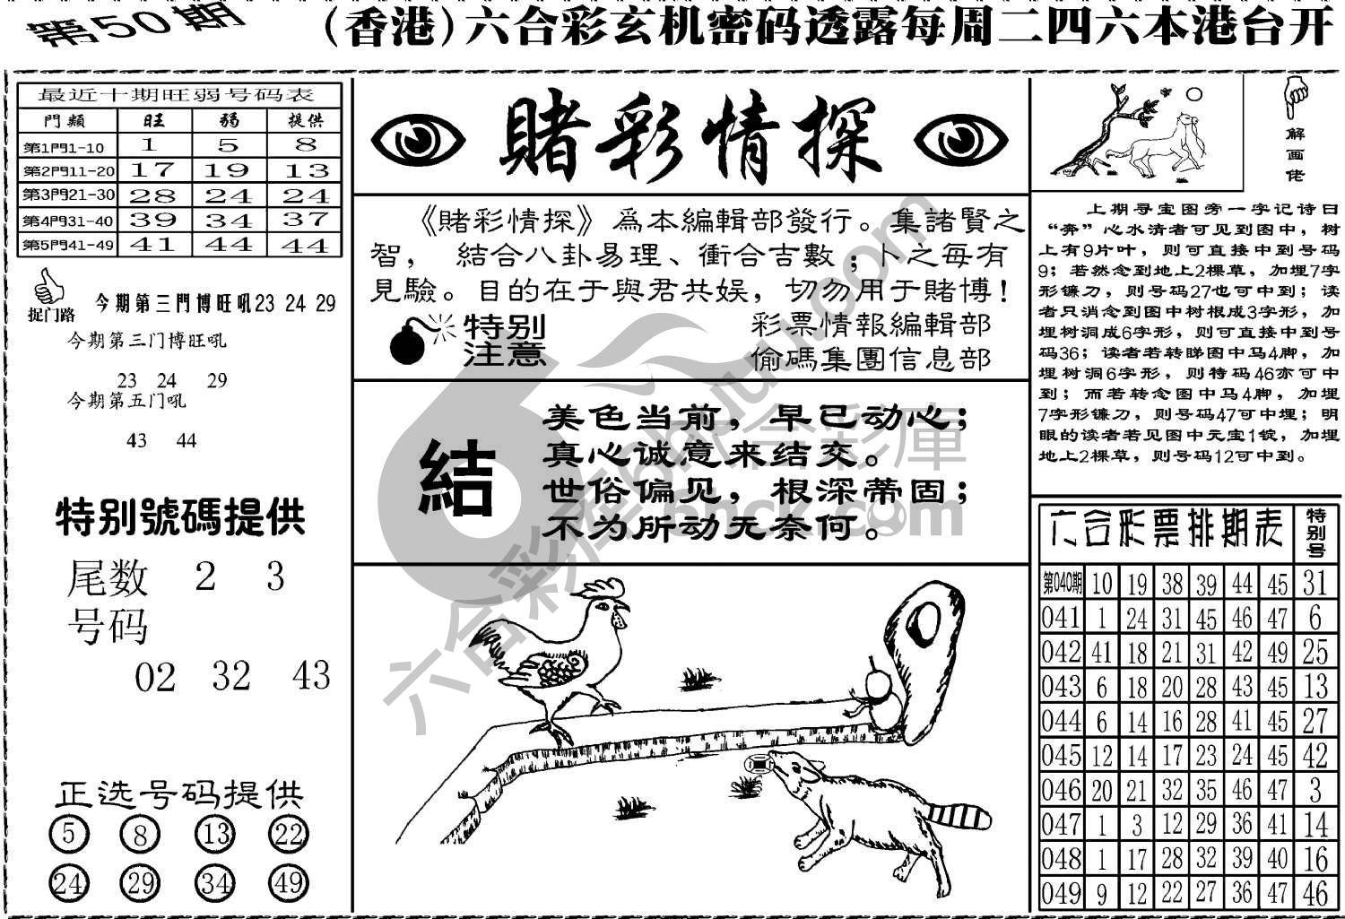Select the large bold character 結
tap(457, 476)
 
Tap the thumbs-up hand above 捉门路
tap(48, 288)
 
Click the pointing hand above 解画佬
tap(1295, 97)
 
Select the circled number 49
tap(289, 883)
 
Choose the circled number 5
tap(68, 836)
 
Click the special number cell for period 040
tap(1315, 584)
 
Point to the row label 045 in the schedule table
tap(1061, 756)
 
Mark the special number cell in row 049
tap(1315, 893)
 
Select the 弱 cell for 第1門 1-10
tap(230, 145)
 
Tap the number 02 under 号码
tap(154, 677)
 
